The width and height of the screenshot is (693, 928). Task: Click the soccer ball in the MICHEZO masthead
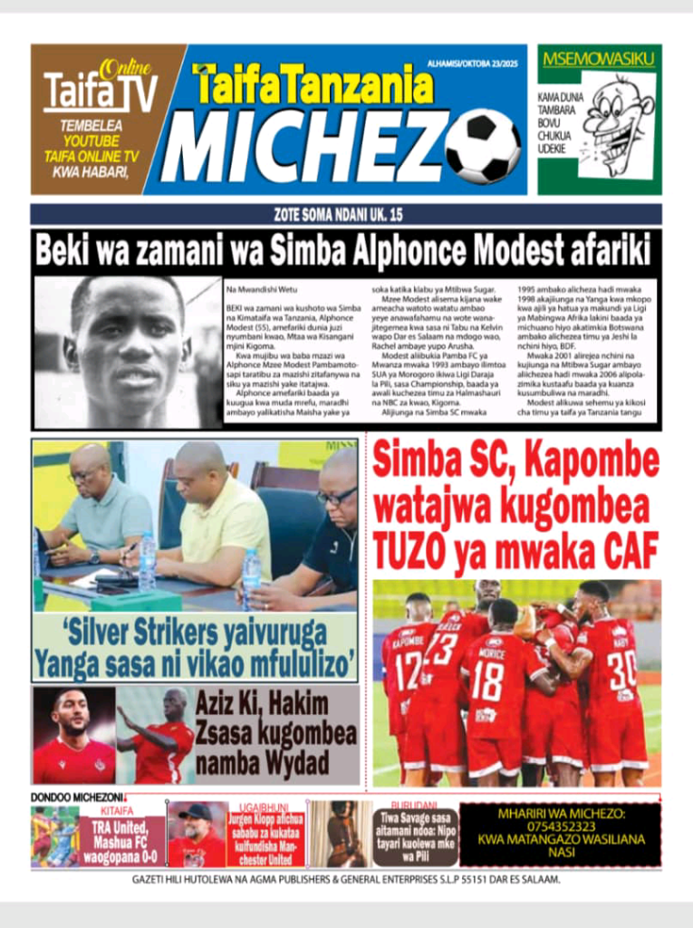[483, 147]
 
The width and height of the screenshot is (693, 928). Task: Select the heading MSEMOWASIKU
[598, 60]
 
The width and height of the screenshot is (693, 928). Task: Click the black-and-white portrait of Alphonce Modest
[128, 351]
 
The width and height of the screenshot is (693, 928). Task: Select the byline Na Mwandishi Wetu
[261, 290]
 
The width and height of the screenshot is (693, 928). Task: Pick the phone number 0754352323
[559, 826]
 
